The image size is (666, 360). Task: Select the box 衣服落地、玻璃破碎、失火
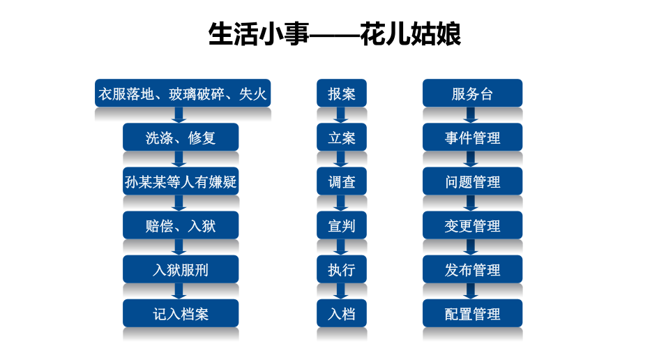183,93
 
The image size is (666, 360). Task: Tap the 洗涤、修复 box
181,137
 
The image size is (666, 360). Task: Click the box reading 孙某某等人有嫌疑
181,181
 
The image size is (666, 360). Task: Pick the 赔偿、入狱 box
181,225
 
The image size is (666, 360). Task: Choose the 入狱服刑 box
181,269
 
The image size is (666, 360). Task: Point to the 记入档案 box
181,313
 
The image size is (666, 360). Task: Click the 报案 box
342,93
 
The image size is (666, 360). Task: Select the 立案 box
342,137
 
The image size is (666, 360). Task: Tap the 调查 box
342,181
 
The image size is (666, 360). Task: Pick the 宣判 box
342,225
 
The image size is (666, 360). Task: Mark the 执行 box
342,269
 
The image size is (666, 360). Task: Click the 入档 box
342,313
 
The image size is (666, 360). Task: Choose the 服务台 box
472,93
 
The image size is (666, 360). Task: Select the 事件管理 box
472,137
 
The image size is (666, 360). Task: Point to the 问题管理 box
472,181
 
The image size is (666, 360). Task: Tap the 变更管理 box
472,225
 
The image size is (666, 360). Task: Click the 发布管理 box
472,269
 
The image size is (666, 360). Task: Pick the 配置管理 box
472,313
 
